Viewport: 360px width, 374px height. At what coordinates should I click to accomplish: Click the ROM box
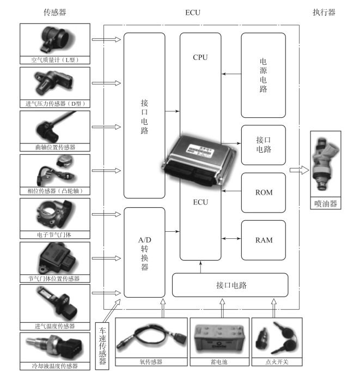pyautogui.click(x=263, y=193)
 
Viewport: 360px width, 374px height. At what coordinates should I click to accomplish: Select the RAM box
pyautogui.click(x=263, y=240)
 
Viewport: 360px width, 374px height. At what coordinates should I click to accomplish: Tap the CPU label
pyautogui.click(x=200, y=57)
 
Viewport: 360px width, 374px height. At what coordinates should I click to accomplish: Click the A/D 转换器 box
pyautogui.click(x=144, y=252)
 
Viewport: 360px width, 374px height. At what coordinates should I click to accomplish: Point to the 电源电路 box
pyautogui.click(x=263, y=75)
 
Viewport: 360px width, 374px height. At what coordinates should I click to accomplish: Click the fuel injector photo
pyautogui.click(x=326, y=164)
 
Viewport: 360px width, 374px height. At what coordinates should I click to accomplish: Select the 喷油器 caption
pyautogui.click(x=326, y=204)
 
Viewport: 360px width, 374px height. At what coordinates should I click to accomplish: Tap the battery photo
pyautogui.click(x=219, y=339)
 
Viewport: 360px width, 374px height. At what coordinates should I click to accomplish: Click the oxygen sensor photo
pyautogui.click(x=151, y=338)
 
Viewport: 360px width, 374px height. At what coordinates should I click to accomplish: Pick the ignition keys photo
pyautogui.click(x=277, y=338)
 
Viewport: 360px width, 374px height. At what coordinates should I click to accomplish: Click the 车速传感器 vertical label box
pyautogui.click(x=102, y=346)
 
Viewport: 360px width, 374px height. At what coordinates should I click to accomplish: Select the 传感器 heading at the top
pyautogui.click(x=55, y=13)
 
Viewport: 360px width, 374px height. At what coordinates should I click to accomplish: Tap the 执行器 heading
pyautogui.click(x=324, y=13)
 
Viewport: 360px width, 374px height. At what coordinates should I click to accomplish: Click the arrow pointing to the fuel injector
pyautogui.click(x=299, y=170)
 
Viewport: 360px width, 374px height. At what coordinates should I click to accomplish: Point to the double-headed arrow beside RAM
pyautogui.click(x=231, y=239)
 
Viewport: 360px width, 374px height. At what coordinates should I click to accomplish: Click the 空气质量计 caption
pyautogui.click(x=55, y=60)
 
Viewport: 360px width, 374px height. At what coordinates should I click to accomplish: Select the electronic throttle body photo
pyautogui.click(x=55, y=214)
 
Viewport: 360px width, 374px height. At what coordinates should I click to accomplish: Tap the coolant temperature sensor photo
pyautogui.click(x=55, y=348)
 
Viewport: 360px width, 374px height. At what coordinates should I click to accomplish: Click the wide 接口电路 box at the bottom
pyautogui.click(x=230, y=285)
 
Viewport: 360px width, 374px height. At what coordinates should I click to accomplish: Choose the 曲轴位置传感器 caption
pyautogui.click(x=55, y=147)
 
